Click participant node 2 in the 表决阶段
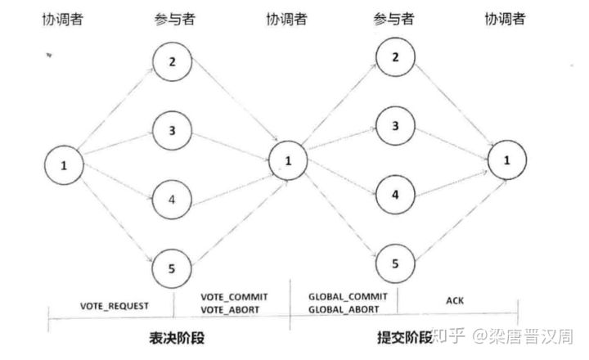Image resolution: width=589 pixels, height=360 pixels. point(173,62)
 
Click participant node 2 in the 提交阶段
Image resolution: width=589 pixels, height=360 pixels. point(396,57)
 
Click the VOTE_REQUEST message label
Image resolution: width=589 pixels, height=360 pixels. point(114,305)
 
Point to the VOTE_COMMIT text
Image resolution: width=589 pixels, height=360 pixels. point(235,295)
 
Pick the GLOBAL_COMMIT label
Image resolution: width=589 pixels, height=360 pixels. point(343,295)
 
